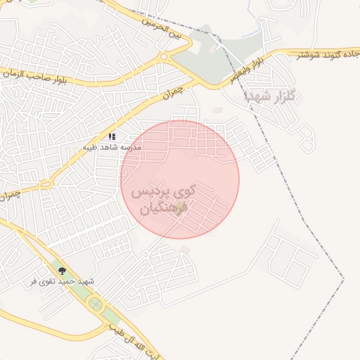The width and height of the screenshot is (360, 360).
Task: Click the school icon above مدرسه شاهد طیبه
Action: click(112, 136)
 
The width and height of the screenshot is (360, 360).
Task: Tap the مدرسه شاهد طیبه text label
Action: click(112, 148)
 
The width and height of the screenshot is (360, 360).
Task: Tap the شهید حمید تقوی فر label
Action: click(62, 281)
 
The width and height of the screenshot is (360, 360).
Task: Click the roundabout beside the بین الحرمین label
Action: click(164, 56)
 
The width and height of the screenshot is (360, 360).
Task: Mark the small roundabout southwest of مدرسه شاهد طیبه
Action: click(46, 184)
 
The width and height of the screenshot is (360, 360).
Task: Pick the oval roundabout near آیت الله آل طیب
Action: click(95, 305)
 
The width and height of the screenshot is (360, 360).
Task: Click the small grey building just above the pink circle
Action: click(217, 110)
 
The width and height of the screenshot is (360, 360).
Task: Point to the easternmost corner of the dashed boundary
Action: click(344, 279)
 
